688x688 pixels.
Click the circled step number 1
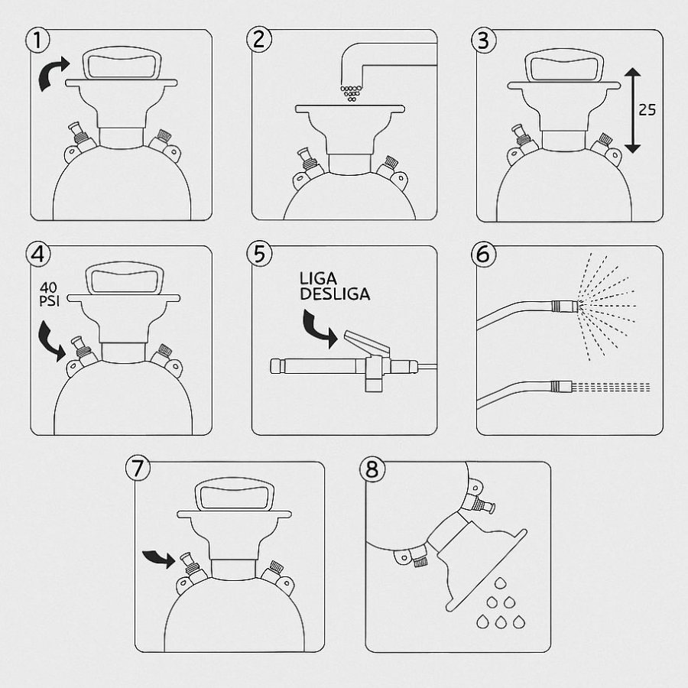[x=37, y=40]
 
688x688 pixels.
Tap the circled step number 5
[x=259, y=254]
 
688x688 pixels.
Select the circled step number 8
[x=372, y=469]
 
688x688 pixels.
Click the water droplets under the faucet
[x=351, y=93]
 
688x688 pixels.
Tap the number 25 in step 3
[x=647, y=109]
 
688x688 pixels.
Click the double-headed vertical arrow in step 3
[x=632, y=111]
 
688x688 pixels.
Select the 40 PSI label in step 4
[x=49, y=294]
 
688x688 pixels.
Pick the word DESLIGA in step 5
[x=335, y=294]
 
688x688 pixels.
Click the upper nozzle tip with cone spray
[x=565, y=305]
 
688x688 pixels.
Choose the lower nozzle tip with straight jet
[x=562, y=387]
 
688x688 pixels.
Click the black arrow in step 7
[x=159, y=558]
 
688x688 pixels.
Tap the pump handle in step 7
[x=235, y=495]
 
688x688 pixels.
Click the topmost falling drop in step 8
[x=500, y=583]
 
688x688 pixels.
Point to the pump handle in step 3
[x=565, y=66]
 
